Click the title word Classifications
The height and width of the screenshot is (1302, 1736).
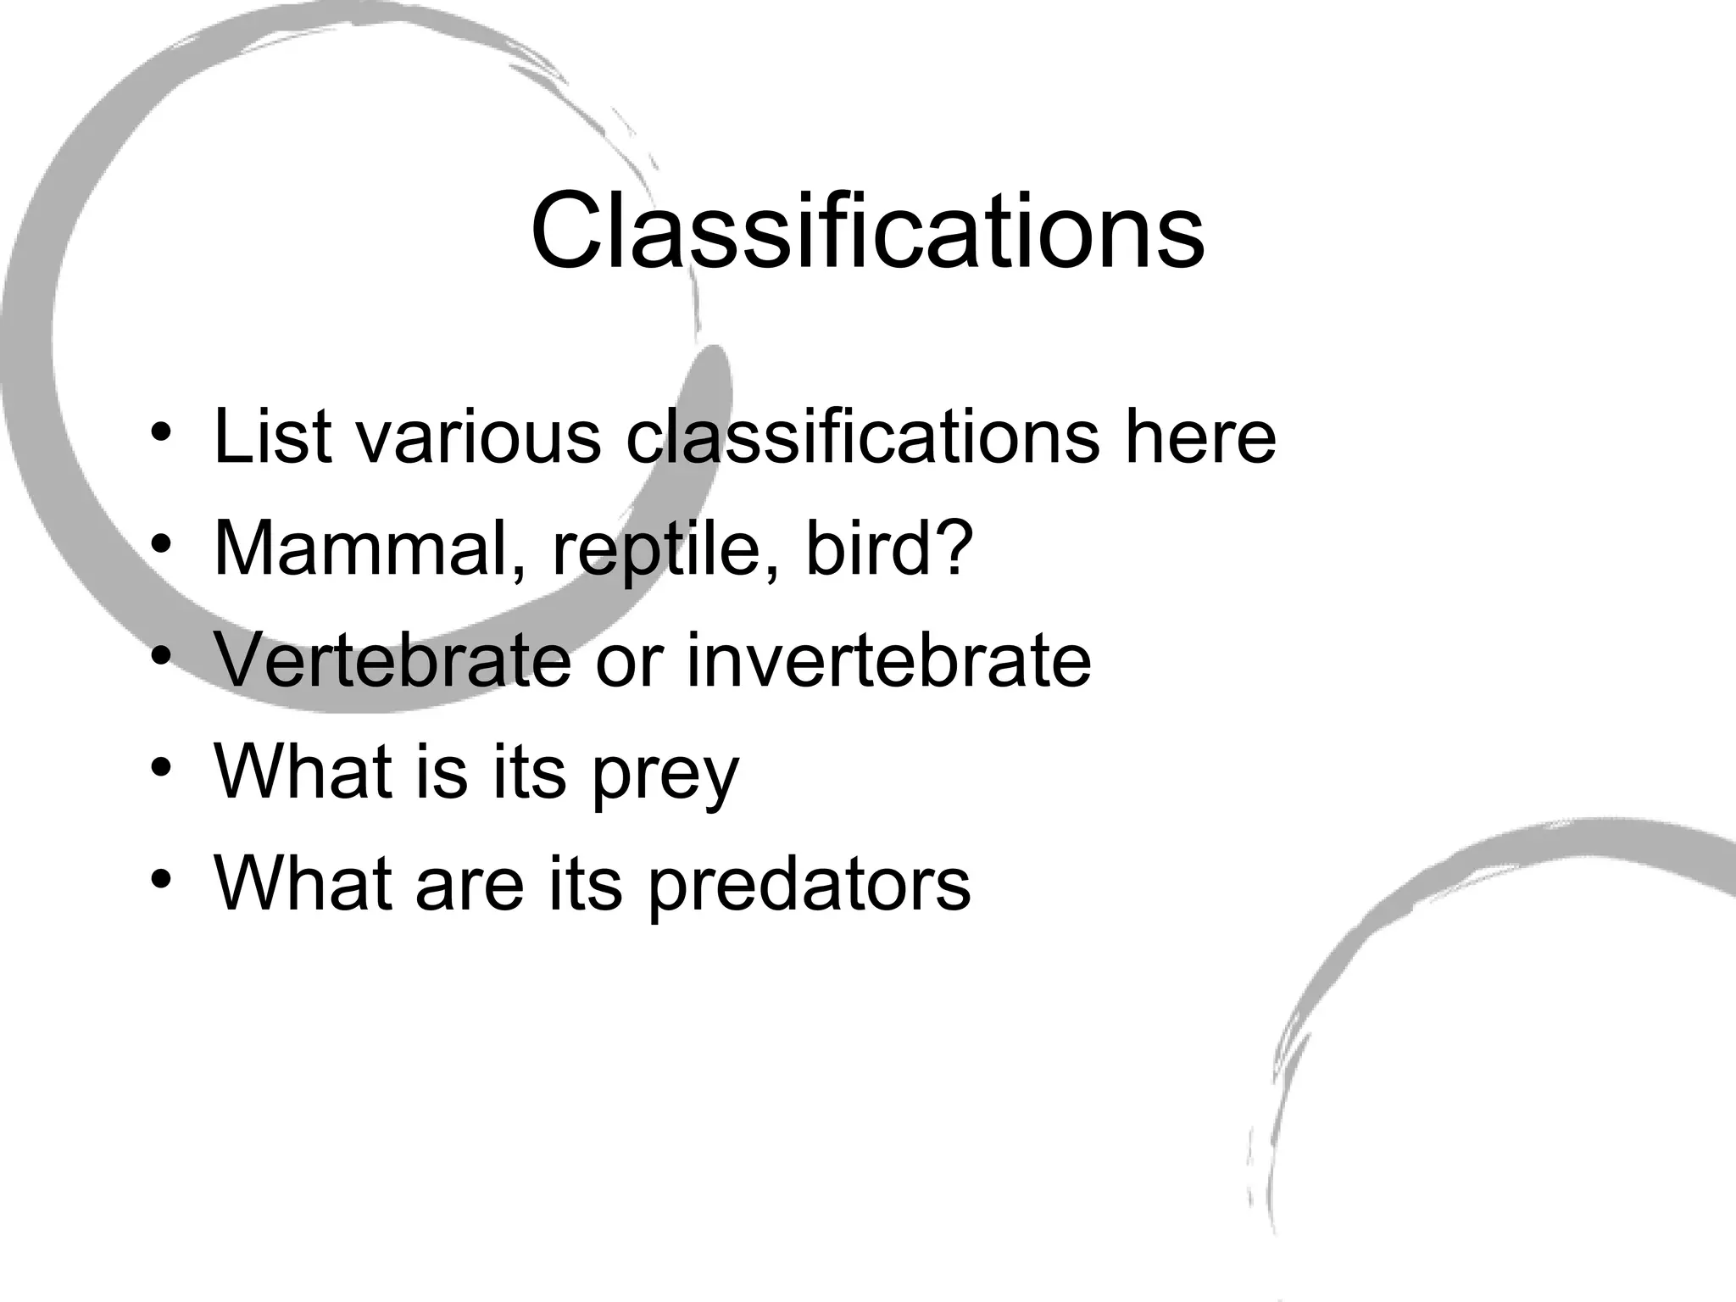tap(867, 231)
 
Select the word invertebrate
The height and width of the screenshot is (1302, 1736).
tap(888, 660)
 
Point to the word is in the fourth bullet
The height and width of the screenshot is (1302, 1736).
tap(441, 772)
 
